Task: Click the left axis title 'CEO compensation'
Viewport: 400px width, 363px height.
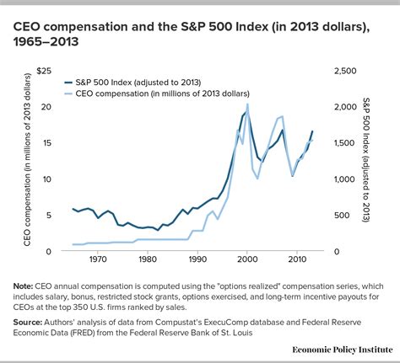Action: (19, 161)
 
